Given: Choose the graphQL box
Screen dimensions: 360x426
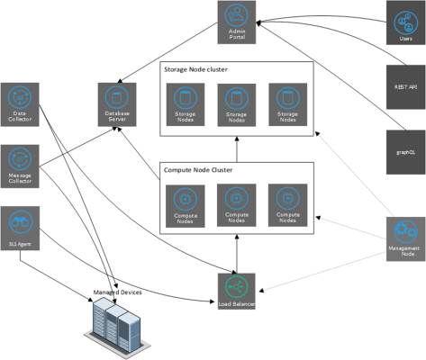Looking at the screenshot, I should click(406, 151).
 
